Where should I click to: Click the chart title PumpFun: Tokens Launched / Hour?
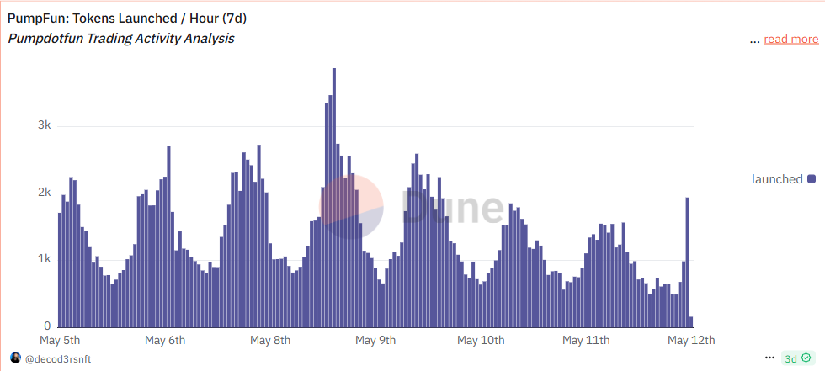coord(126,18)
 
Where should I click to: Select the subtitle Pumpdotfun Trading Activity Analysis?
coord(120,39)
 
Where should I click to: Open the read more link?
coord(790,39)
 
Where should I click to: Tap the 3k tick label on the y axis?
coord(44,125)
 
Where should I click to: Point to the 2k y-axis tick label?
coord(44,193)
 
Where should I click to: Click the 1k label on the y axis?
coord(44,259)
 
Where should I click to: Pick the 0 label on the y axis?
coord(47,326)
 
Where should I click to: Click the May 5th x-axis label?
coord(60,341)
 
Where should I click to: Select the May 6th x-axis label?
coord(165,341)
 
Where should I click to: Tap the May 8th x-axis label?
coord(270,341)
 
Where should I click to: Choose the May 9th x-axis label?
coord(375,341)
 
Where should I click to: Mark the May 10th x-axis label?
coord(481,341)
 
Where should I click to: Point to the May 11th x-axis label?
coord(586,341)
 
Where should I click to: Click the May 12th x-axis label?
coord(691,341)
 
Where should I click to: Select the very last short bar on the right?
coord(692,322)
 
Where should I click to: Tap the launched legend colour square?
coord(812,178)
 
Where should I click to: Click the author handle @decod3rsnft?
coord(57,358)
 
